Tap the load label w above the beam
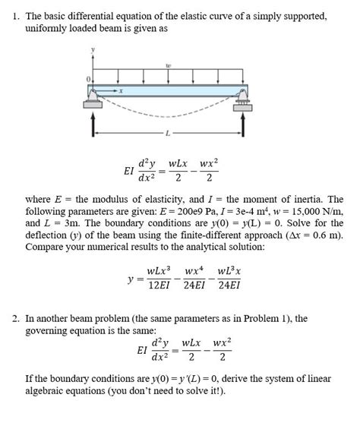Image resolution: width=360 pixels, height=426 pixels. [168, 65]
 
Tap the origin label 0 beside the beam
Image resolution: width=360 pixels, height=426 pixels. [88, 78]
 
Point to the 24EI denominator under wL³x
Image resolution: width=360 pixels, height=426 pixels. [229, 286]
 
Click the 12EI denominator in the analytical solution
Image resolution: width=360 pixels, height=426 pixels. [157, 286]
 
